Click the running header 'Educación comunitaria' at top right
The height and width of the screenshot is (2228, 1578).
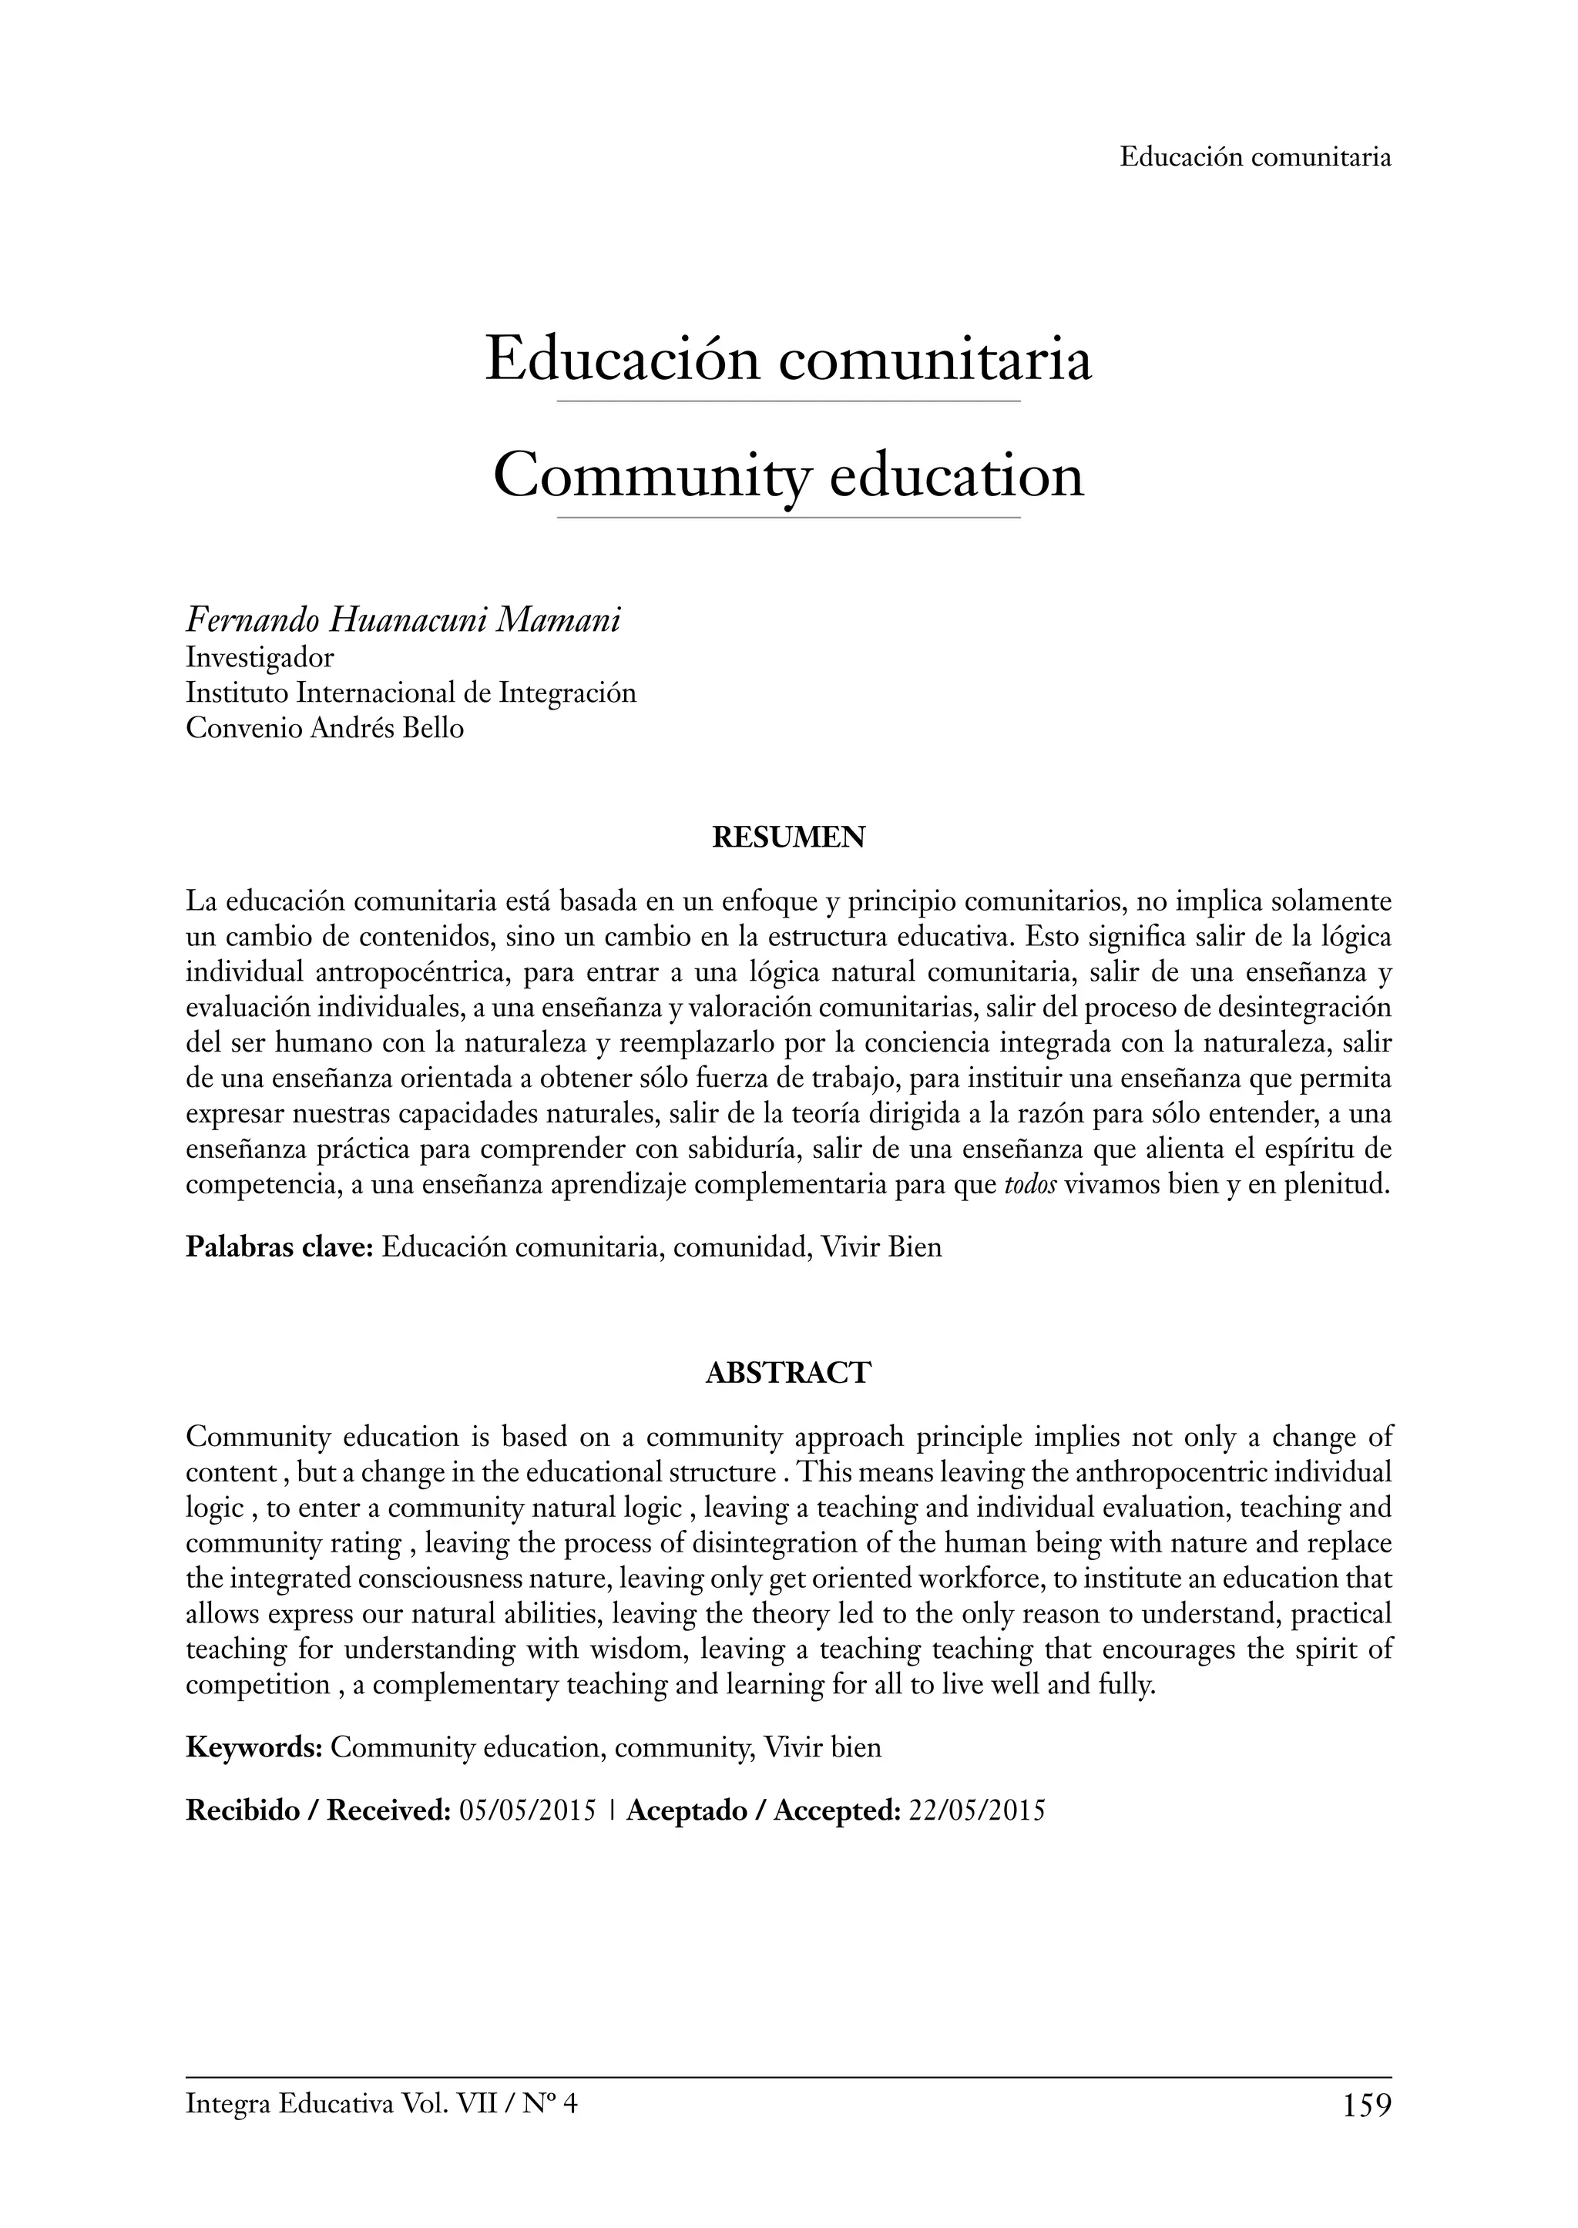point(1254,156)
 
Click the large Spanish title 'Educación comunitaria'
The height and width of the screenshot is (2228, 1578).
point(788,358)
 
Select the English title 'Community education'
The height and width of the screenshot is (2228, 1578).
point(788,475)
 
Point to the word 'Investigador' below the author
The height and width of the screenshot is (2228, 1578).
point(260,658)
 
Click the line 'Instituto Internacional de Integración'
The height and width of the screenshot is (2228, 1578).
point(411,693)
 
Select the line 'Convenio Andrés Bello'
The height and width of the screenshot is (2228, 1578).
point(324,728)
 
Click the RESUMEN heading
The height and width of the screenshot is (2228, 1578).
point(788,837)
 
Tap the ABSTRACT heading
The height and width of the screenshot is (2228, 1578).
point(788,1373)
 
